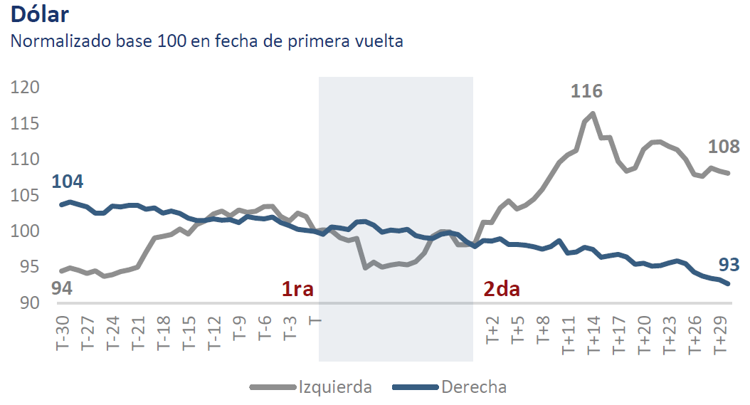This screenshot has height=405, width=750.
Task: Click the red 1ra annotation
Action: coord(297,290)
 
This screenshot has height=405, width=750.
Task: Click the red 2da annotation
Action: coord(502,290)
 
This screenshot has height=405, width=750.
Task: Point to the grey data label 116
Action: coord(586,91)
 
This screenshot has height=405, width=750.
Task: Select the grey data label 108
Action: coord(724,147)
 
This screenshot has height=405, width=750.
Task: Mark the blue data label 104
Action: coord(68,182)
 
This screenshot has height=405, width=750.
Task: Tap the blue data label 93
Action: coord(728,265)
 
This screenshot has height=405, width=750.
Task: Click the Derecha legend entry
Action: coord(474,387)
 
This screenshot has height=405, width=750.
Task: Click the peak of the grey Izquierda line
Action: coord(593,114)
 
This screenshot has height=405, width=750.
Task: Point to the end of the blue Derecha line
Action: coord(727,284)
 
